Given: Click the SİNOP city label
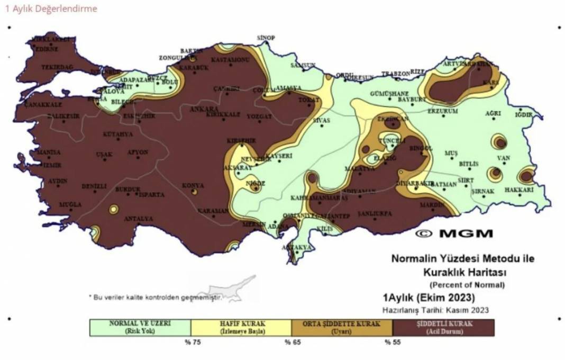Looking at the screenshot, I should pyautogui.click(x=266, y=38).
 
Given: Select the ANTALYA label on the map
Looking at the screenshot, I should pyautogui.click(x=138, y=219).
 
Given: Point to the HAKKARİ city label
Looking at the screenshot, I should pyautogui.click(x=518, y=189).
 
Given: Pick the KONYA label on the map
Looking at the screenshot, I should pyautogui.click(x=193, y=185).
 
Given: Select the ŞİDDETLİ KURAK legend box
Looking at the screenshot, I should pyautogui.click(x=443, y=327).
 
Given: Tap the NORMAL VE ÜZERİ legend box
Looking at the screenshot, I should pyautogui.click(x=140, y=327).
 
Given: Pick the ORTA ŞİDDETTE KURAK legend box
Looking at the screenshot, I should pyautogui.click(x=342, y=327).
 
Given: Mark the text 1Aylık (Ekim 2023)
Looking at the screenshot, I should pyautogui.click(x=429, y=297).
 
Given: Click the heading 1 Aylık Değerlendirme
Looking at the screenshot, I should pyautogui.click(x=51, y=8).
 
